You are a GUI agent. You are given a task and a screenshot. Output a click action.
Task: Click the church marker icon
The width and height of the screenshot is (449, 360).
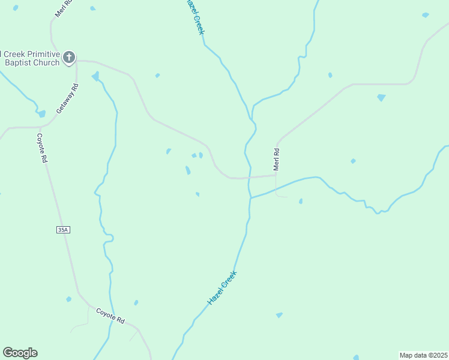click(69, 57)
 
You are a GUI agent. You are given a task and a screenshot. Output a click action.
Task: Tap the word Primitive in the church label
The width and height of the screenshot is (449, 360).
click(41, 54)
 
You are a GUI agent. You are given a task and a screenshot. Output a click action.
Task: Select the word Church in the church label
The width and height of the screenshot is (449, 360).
click(44, 62)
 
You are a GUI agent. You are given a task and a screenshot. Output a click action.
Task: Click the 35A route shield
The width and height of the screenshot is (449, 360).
click(64, 229)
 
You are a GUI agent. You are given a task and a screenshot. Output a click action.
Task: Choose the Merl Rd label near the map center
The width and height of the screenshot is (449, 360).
click(277, 160)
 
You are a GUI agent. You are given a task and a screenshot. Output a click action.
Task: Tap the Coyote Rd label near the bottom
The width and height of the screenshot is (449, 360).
click(110, 316)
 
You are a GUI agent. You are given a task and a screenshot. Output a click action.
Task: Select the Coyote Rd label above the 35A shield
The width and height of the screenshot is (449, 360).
click(41, 148)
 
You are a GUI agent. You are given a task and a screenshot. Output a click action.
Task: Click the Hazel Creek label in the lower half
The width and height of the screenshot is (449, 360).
click(222, 288)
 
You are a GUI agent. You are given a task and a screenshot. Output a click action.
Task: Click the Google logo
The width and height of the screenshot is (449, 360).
click(20, 353)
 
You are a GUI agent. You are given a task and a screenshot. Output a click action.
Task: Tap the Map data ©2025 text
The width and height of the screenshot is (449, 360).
click(423, 355)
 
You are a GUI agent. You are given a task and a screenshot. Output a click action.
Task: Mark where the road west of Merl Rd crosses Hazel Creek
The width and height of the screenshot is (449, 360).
click(249, 178)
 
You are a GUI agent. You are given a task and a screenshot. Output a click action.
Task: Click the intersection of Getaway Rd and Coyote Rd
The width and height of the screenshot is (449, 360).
click(40, 127)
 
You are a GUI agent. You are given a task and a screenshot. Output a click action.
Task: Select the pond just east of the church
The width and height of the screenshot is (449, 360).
click(95, 76)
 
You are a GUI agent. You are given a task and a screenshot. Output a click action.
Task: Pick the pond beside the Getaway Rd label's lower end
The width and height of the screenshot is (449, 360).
click(41, 113)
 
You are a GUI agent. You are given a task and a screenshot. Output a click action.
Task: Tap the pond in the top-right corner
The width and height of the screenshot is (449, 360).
click(426, 14)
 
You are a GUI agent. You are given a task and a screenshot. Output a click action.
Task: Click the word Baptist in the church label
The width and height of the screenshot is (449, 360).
click(20, 62)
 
